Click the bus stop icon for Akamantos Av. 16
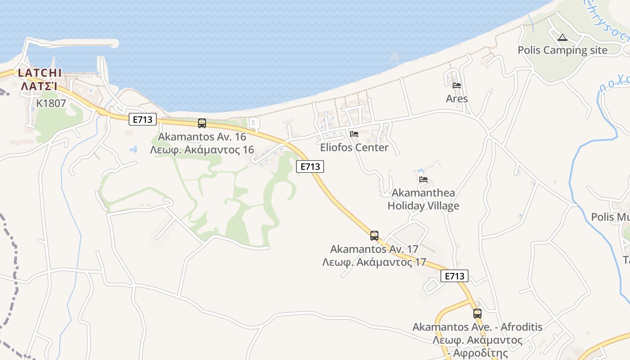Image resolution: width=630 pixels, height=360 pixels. click(202, 123)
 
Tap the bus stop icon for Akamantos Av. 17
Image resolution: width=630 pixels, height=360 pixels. click(374, 235)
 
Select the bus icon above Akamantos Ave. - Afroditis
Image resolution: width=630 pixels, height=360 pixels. click(477, 313)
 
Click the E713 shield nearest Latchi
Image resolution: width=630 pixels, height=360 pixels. click(143, 119)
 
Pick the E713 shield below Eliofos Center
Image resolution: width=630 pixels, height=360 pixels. click(310, 166)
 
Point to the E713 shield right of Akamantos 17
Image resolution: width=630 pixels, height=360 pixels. click(454, 276)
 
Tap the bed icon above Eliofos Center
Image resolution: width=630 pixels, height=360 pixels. click(354, 134)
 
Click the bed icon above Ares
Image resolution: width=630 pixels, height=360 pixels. click(457, 85)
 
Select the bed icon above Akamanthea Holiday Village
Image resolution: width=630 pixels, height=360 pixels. click(423, 179)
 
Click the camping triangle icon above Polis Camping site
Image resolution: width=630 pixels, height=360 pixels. click(562, 38)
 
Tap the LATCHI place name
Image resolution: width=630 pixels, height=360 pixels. click(40, 73)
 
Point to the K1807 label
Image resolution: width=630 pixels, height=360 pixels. click(51, 103)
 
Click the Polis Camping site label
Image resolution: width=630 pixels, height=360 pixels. click(562, 50)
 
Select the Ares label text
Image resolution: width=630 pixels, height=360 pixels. click(457, 99)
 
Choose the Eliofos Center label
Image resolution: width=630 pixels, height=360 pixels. click(354, 148)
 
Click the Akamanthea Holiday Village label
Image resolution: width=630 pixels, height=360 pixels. click(423, 199)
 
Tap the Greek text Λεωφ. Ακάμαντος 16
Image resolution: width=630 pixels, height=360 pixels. click(202, 150)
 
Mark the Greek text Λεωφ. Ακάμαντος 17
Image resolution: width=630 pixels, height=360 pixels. click(374, 262)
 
